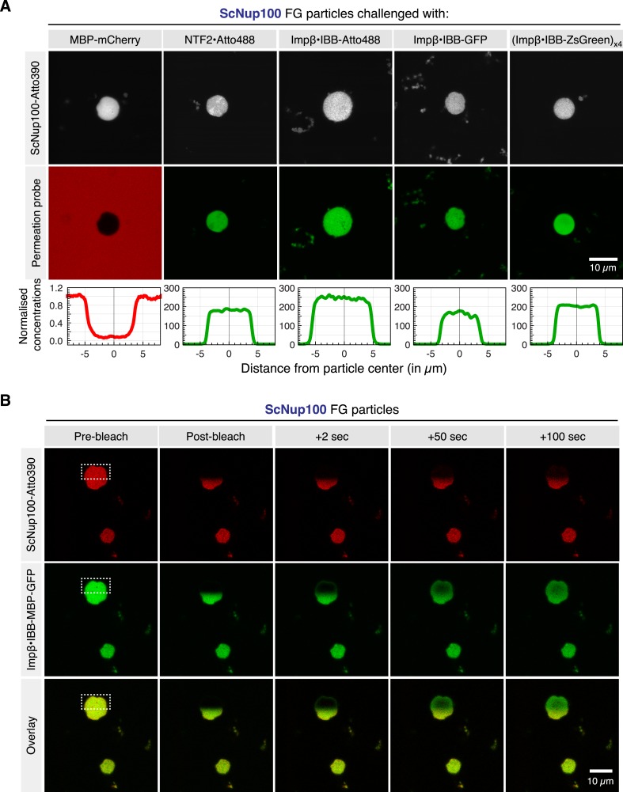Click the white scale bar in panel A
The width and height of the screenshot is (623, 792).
point(602,258)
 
